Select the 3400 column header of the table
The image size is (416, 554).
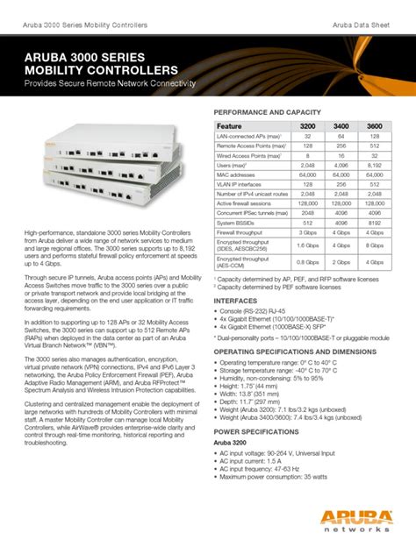coord(341,125)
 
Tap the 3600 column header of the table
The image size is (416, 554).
coord(375,125)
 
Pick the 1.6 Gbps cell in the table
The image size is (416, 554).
coord(308,246)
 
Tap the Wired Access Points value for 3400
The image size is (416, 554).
coord(341,154)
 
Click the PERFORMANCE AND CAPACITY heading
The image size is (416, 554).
coord(269,113)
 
